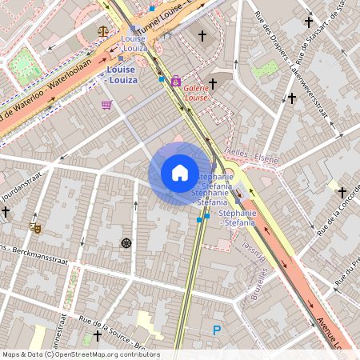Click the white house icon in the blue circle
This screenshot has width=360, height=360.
point(180,173)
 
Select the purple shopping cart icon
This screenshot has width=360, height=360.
point(106,105)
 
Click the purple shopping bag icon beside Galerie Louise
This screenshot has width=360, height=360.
point(175,81)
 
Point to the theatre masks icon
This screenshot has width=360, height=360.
point(34,227)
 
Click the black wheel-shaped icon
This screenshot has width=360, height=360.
point(126,242)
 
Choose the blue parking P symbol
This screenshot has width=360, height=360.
point(216,330)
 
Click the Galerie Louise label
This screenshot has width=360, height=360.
point(196,92)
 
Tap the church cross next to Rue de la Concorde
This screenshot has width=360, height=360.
point(342,193)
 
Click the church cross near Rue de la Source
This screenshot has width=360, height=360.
point(98,335)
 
